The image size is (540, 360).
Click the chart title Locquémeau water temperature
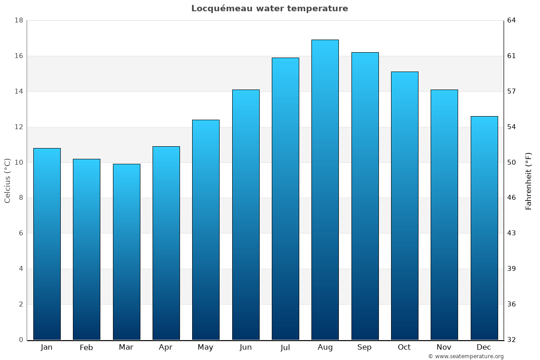click(x=270, y=9)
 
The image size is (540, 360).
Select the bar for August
click(x=325, y=189)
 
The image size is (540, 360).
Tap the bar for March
click(x=126, y=252)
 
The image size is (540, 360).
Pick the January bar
click(x=47, y=244)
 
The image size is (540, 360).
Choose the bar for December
click(x=484, y=228)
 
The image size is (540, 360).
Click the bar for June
click(x=246, y=215)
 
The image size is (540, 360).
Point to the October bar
click(x=405, y=206)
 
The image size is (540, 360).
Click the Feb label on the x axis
click(x=86, y=347)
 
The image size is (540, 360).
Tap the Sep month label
click(x=364, y=347)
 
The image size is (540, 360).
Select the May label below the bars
click(x=206, y=347)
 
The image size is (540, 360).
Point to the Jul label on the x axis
click(x=285, y=347)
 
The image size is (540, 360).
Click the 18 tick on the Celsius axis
click(x=19, y=21)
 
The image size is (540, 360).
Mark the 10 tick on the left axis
click(x=19, y=162)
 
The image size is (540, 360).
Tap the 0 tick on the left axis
click(x=21, y=340)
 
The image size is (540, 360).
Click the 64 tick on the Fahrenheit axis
click(x=512, y=21)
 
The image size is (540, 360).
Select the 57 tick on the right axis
click(x=512, y=91)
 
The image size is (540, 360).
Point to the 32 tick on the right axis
click(x=512, y=340)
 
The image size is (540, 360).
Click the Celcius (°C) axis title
click(x=8, y=180)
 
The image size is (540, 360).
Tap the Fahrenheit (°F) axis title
click(x=529, y=180)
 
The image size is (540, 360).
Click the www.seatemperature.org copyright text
click(x=466, y=356)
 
